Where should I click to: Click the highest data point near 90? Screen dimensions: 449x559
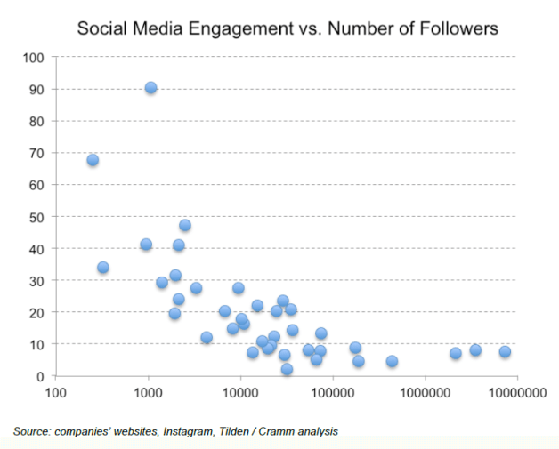pyautogui.click(x=150, y=87)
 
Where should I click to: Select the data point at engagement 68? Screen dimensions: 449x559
pyautogui.click(x=93, y=160)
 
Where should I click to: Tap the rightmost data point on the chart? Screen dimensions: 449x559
pyautogui.click(x=505, y=351)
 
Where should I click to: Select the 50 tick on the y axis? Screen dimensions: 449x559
pyautogui.click(x=37, y=216)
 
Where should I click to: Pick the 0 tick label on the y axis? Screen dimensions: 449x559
pyautogui.click(x=41, y=376)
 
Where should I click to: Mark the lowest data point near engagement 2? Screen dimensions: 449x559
pyautogui.click(x=287, y=369)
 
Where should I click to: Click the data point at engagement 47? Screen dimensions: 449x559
pyautogui.click(x=184, y=225)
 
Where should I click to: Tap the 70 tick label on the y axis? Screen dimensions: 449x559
pyautogui.click(x=37, y=153)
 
